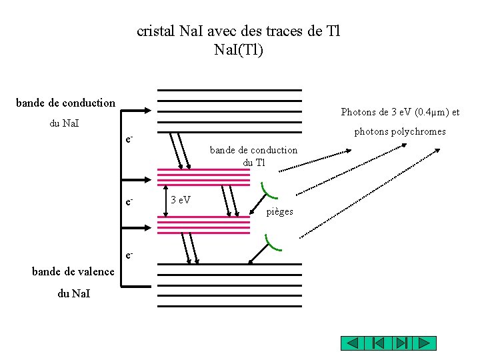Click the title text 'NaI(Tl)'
[x=239, y=49]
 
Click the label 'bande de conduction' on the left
[x=65, y=103]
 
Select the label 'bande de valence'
[x=73, y=271]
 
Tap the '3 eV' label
[x=180, y=199]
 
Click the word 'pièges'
[x=279, y=212]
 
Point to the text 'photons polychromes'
[x=399, y=131]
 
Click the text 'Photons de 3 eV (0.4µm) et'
[x=400, y=112]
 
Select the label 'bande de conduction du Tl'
[x=253, y=156]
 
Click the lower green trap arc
[x=273, y=243]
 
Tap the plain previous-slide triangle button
[x=353, y=343]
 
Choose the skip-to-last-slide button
[x=401, y=343]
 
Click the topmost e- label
[x=129, y=139]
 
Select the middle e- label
[x=129, y=201]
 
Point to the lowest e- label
[x=129, y=255]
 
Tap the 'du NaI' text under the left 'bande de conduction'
[x=65, y=123]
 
